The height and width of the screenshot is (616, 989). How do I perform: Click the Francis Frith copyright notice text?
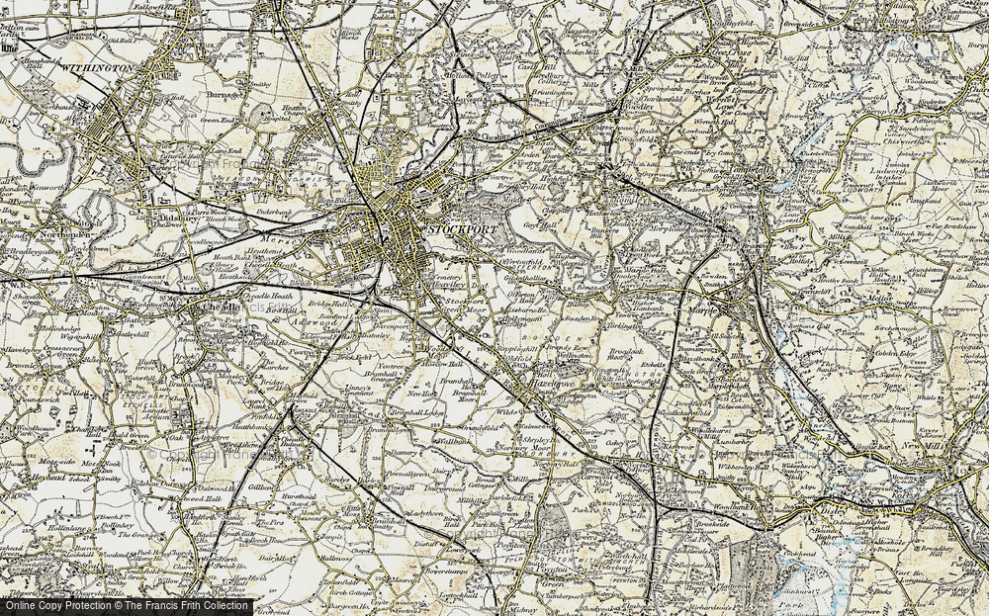(x=126, y=605)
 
